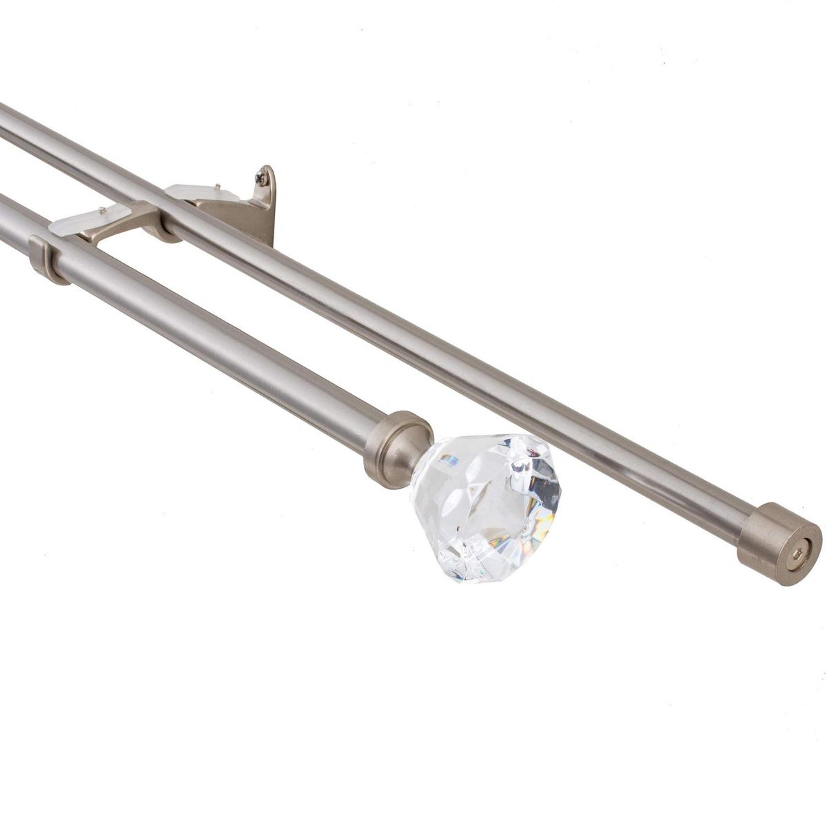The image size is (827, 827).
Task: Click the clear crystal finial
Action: pyautogui.click(x=486, y=507)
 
